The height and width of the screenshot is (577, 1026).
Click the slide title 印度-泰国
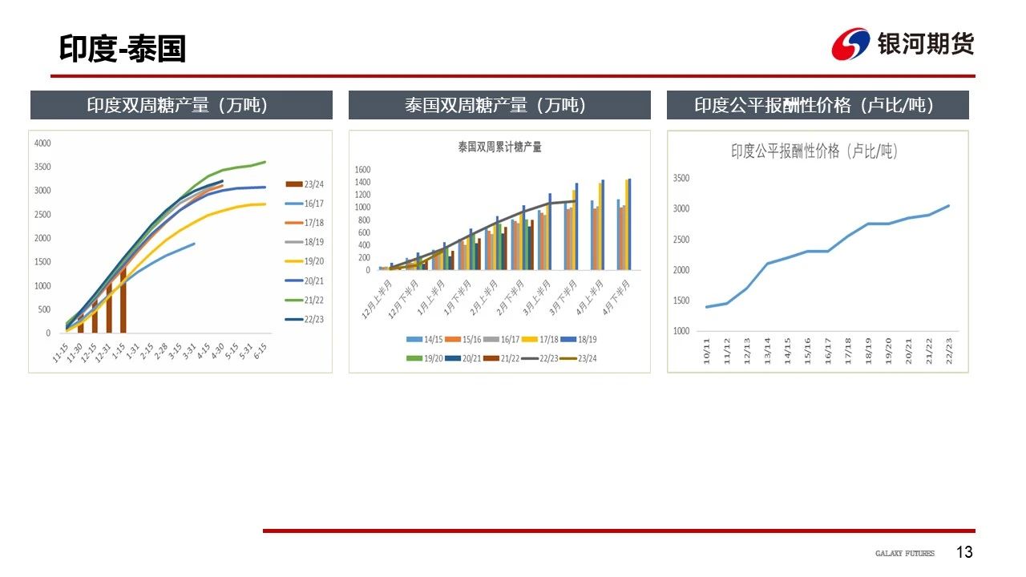click(122, 49)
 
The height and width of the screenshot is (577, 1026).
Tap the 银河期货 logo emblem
click(850, 43)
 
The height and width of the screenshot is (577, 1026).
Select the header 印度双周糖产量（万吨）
click(181, 105)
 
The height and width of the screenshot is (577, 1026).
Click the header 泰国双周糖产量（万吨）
click(499, 105)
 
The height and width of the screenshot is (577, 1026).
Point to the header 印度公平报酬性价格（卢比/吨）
click(818, 105)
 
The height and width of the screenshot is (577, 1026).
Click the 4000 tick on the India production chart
click(42, 143)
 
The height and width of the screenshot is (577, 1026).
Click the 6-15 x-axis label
click(261, 353)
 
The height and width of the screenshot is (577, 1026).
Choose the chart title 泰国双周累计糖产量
click(499, 147)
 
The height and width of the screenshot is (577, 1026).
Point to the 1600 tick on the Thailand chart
click(362, 170)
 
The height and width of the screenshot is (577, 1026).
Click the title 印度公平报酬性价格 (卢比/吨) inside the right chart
click(814, 151)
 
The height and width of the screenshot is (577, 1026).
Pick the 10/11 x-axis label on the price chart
click(707, 350)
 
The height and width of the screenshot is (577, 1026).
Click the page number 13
click(964, 552)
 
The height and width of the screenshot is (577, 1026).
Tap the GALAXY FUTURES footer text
click(904, 554)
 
